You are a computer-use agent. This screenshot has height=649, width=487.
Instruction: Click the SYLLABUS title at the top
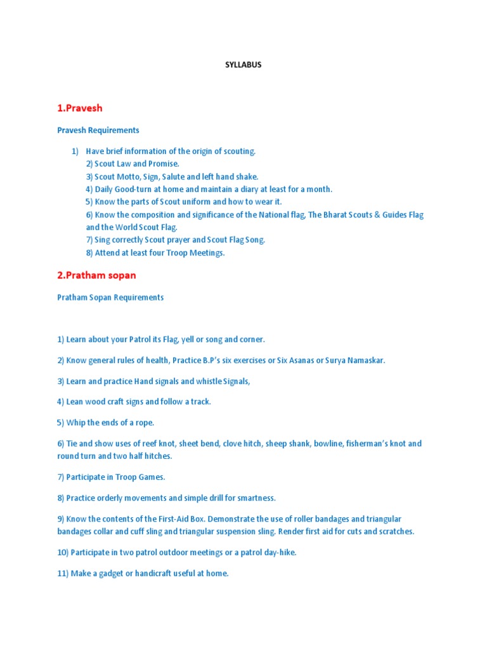click(243, 65)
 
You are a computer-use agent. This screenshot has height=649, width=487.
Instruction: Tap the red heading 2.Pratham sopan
click(96, 276)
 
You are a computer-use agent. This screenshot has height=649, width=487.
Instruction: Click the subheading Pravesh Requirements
click(98, 130)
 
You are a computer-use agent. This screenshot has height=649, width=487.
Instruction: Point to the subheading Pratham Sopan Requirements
click(110, 297)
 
